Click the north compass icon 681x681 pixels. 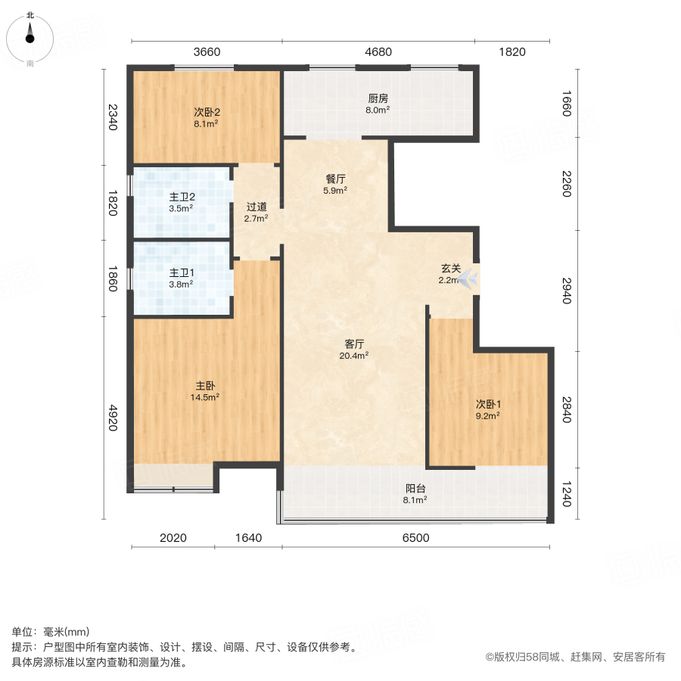click(30, 34)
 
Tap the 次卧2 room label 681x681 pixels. click(206, 112)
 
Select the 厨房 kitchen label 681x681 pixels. click(378, 98)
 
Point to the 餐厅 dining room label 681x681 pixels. click(336, 179)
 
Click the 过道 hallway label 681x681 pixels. click(257, 207)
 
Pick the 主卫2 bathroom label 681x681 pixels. click(181, 196)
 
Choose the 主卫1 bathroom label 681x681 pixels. click(181, 272)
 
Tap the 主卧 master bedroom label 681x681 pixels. click(205, 385)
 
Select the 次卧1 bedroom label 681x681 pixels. click(488, 403)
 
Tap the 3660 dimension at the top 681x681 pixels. click(207, 52)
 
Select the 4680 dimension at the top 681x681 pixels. click(378, 52)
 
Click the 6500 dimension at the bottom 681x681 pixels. click(415, 538)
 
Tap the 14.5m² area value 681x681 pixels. click(205, 396)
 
